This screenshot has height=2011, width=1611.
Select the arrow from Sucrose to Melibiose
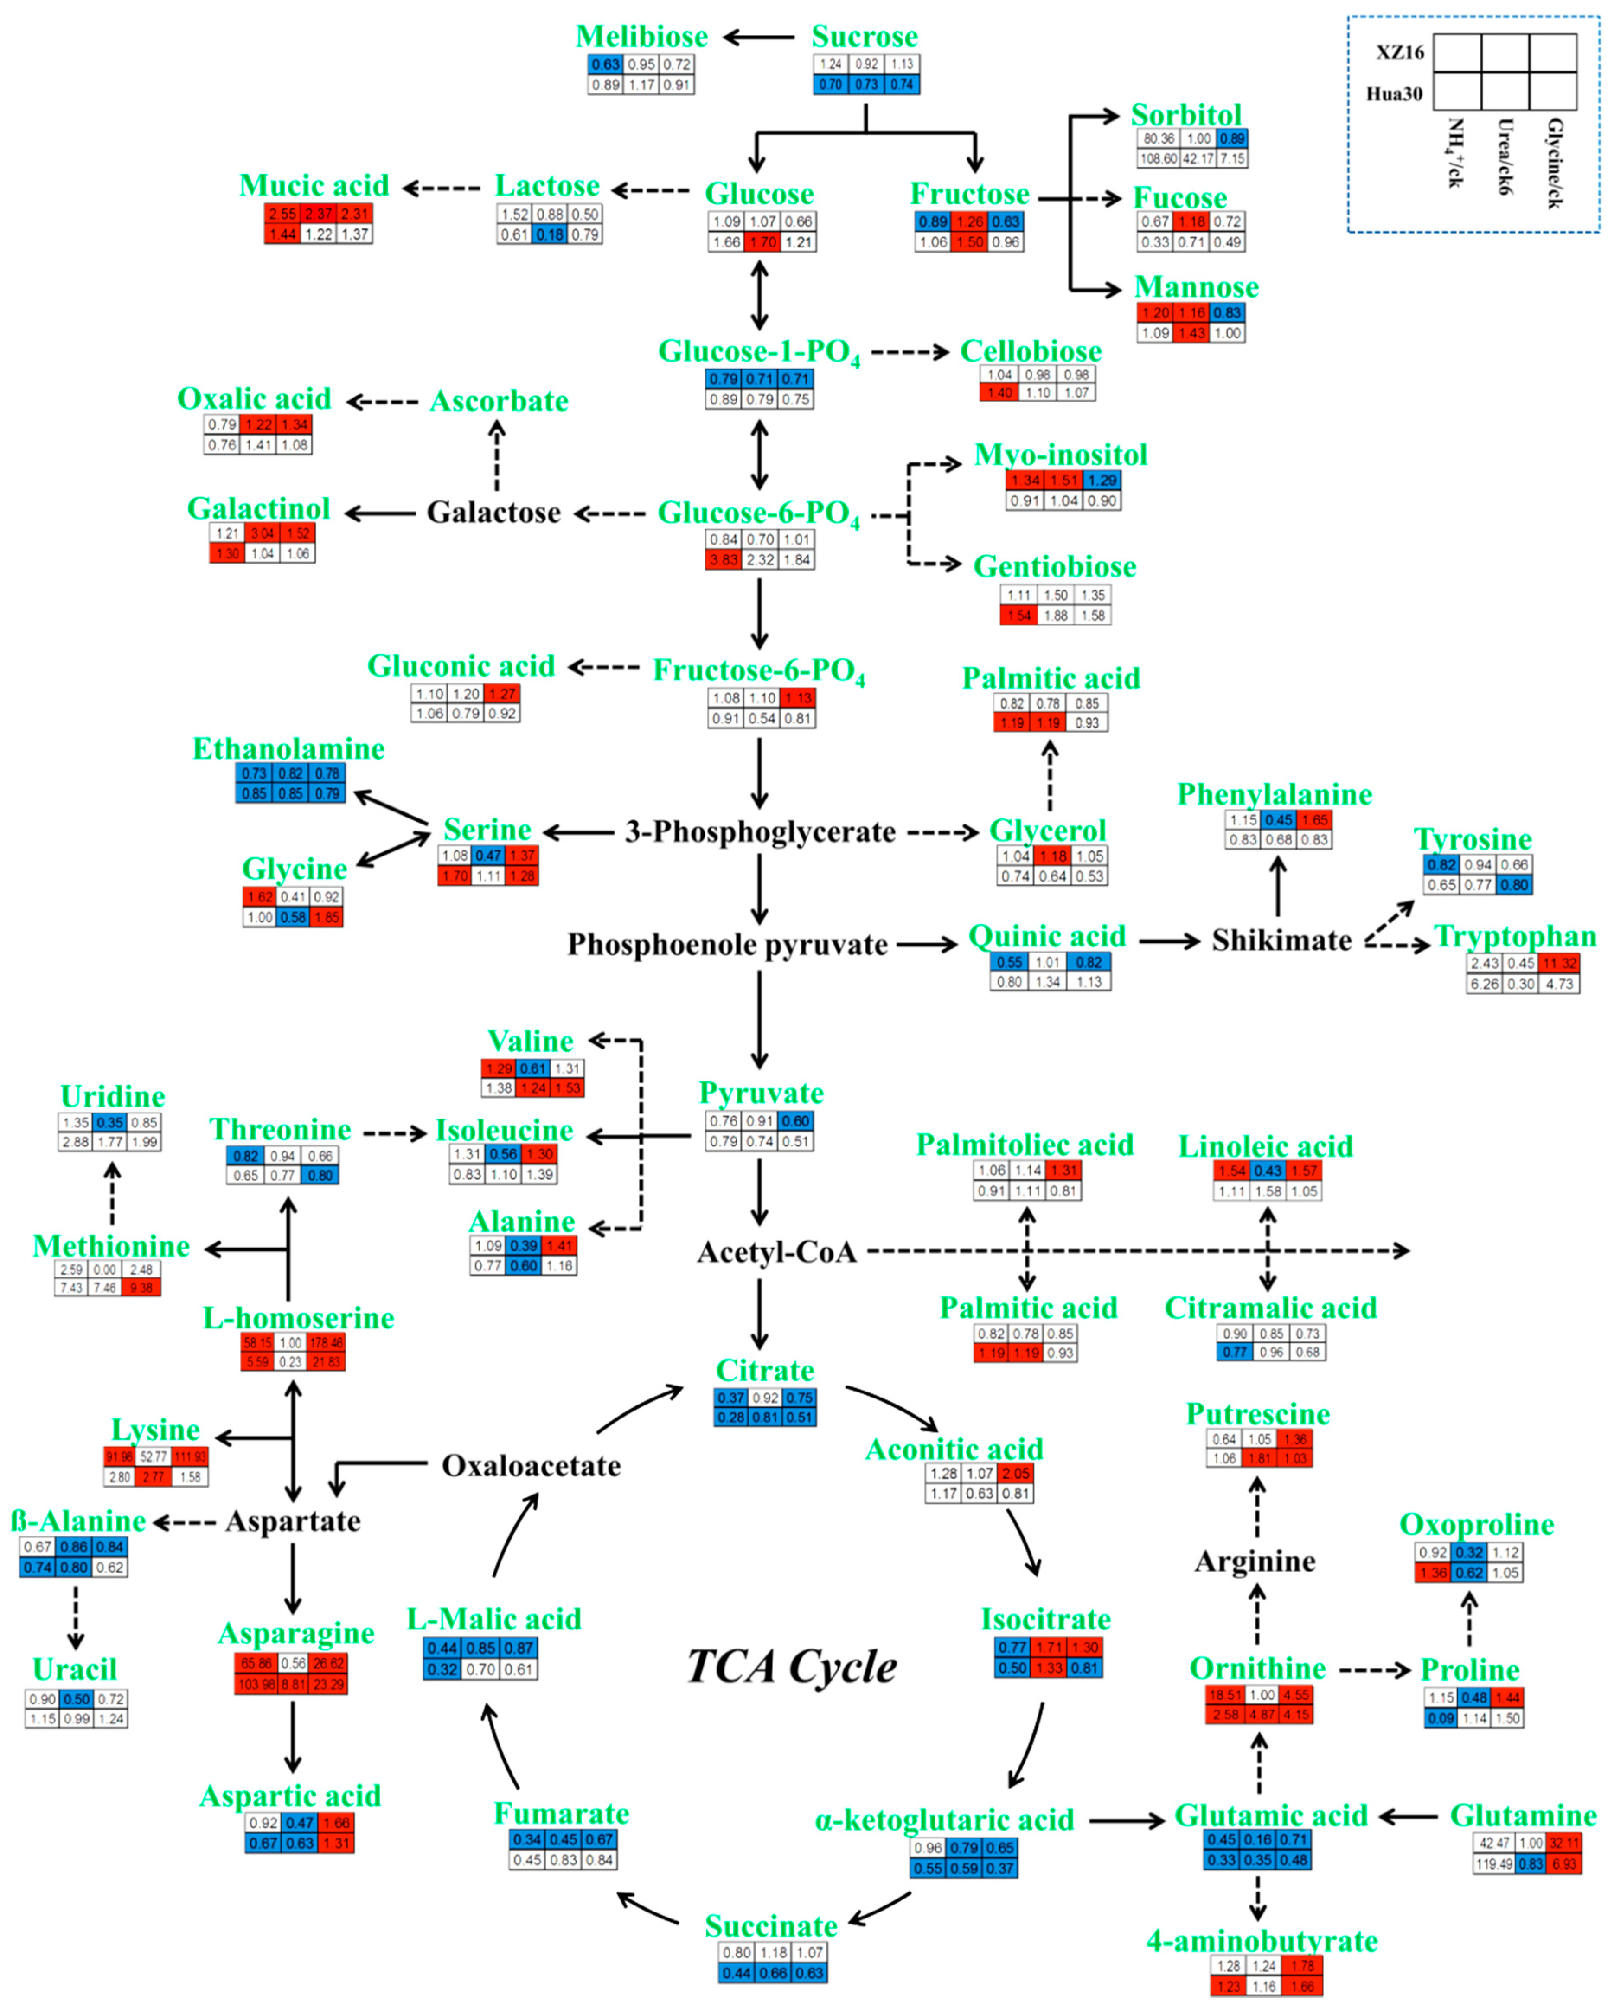tap(759, 37)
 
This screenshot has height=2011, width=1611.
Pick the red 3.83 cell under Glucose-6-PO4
tap(723, 560)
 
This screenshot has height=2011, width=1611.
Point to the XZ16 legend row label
tap(1399, 52)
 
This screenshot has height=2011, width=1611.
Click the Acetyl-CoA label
tap(776, 1252)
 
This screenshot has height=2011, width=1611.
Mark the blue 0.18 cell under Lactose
tap(549, 234)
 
